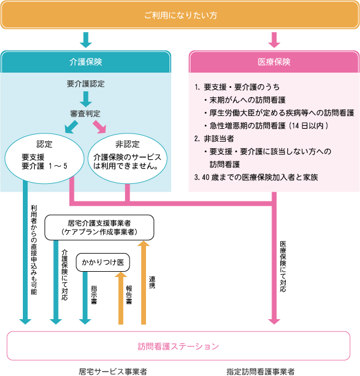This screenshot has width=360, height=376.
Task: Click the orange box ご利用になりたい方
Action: (x=180, y=14)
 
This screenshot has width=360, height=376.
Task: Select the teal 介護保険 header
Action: (x=86, y=61)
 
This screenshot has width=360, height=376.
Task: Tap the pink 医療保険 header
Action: (x=274, y=61)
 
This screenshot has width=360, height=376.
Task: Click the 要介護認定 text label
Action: (x=86, y=83)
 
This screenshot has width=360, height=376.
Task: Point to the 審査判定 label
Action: (x=86, y=112)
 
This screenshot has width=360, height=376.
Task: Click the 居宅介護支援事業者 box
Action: (x=99, y=227)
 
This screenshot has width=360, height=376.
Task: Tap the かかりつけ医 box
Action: (x=103, y=262)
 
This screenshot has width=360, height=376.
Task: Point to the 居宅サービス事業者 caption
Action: (x=113, y=371)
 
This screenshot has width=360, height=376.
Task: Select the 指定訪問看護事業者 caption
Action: (x=260, y=371)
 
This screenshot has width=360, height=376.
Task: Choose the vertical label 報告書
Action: (x=128, y=294)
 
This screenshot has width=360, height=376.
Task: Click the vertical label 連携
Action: (x=152, y=282)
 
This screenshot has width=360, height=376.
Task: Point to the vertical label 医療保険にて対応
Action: (x=283, y=266)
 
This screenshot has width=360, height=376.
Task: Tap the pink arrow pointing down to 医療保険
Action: (x=274, y=40)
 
